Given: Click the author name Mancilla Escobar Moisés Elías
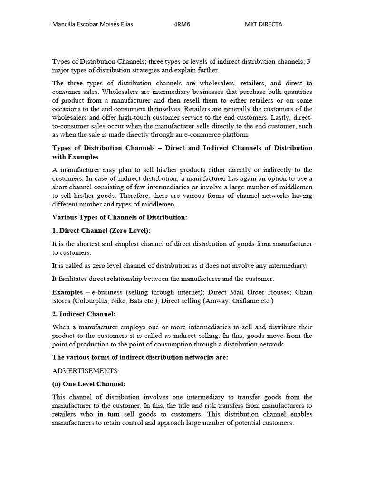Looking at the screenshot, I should tap(92, 24).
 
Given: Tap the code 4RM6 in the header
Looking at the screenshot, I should tap(182, 24).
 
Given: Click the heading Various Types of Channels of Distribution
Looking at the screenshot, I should tap(119, 217).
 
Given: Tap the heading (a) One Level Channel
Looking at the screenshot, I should tap(88, 384).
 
